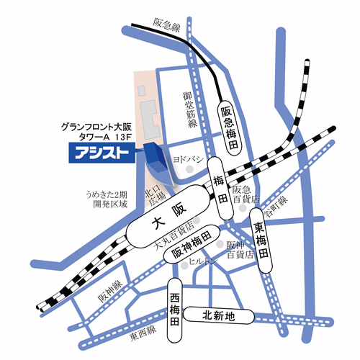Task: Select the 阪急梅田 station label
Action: [x=229, y=127]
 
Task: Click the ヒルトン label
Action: [x=202, y=264]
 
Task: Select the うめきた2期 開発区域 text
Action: [x=104, y=199]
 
